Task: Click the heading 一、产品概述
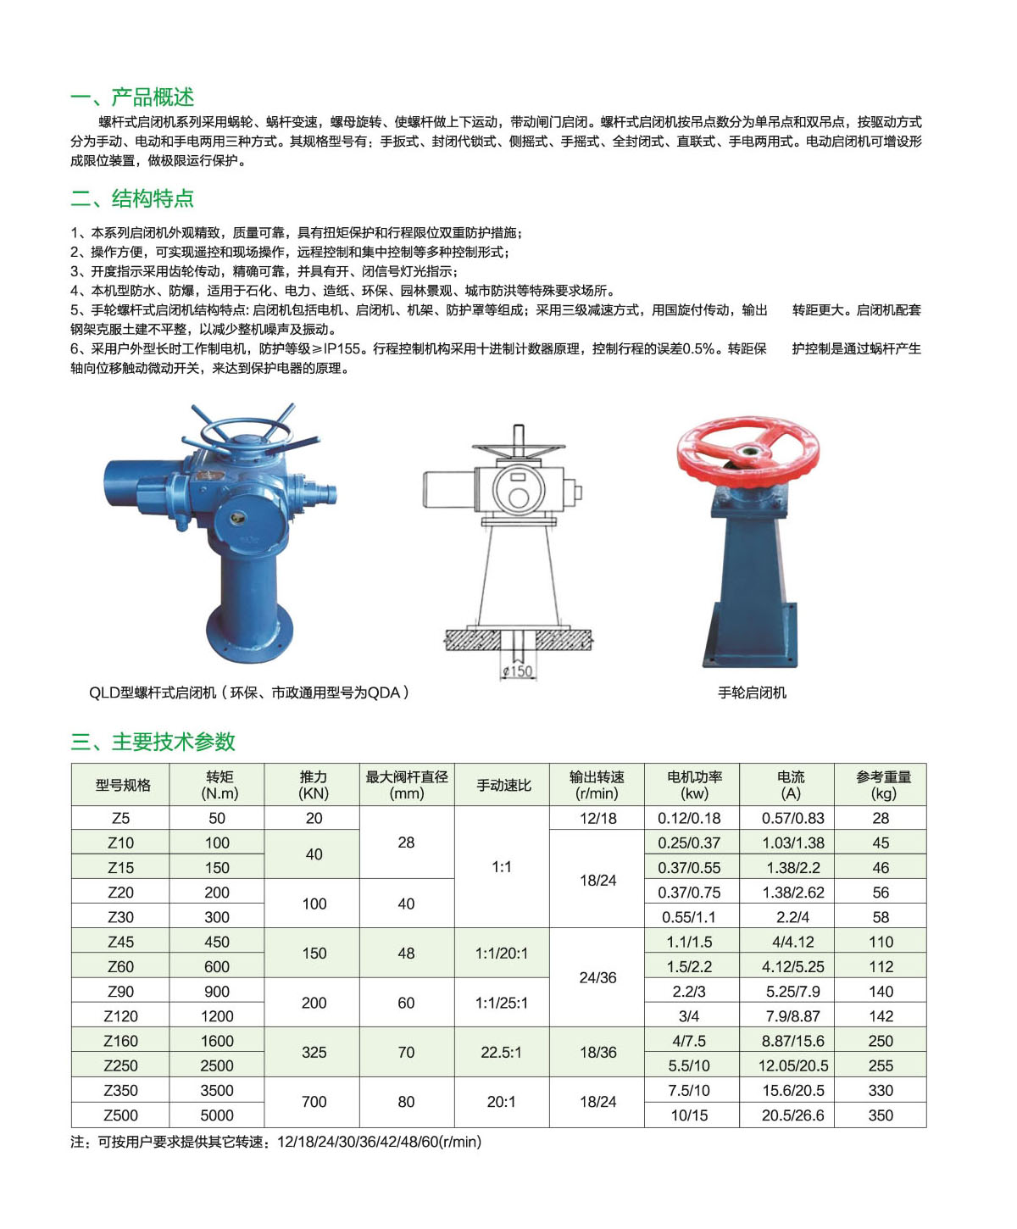[132, 97]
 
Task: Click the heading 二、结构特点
[132, 198]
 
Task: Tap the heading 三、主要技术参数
[153, 742]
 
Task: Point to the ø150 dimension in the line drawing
[517, 671]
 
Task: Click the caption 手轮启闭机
[752, 692]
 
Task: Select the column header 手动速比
[503, 785]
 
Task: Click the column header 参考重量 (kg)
[882, 785]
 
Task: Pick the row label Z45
[120, 942]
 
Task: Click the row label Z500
[120, 1115]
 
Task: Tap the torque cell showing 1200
[217, 1016]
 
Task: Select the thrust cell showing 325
[314, 1053]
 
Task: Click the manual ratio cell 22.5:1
[502, 1053]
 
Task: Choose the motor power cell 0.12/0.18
[689, 818]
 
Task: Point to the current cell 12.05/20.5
[793, 1065]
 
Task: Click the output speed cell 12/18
[597, 818]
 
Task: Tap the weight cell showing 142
[881, 1016]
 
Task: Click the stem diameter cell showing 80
[406, 1102]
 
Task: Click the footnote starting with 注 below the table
[275, 1142]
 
